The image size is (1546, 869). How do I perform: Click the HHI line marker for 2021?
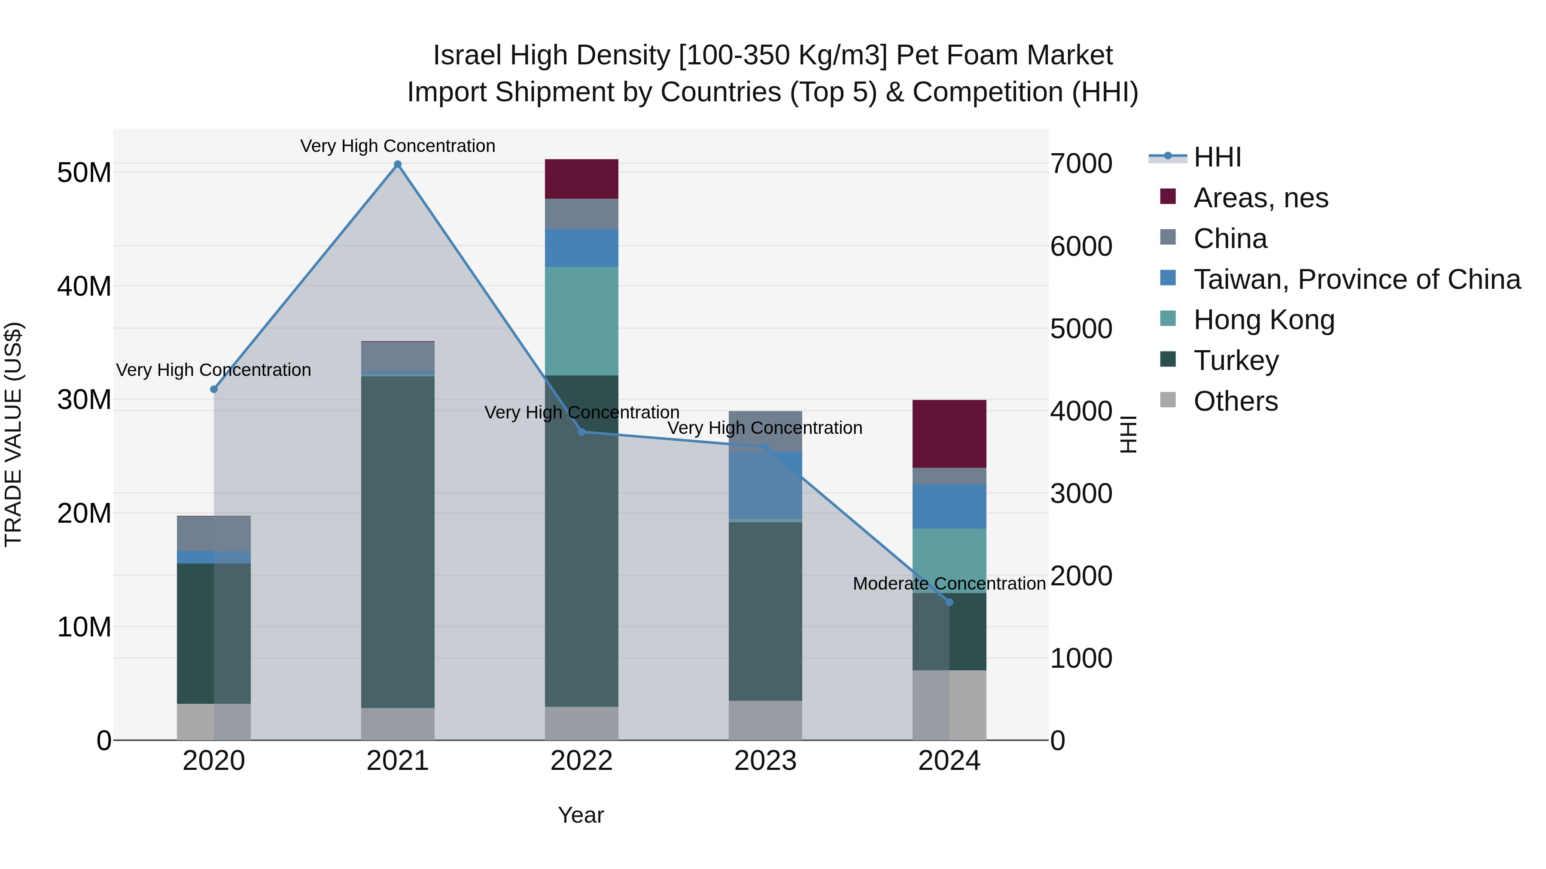397,164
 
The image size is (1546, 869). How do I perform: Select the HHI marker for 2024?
949,602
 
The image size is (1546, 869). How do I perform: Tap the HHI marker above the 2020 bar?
214,389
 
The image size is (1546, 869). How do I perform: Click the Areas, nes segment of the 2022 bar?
581,179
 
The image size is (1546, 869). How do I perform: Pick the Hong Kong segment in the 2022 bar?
581,321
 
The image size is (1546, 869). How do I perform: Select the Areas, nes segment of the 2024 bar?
949,433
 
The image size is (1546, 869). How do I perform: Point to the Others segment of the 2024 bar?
949,705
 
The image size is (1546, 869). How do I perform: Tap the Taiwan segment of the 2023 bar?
765,484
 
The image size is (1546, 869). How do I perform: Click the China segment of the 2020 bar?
214,533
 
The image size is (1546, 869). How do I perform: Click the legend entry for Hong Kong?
1263,320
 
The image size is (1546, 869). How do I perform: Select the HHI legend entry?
1217,157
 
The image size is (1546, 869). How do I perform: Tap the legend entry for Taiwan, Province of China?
1356,279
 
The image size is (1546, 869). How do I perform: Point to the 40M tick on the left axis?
84,286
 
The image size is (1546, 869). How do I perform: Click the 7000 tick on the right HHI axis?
1081,164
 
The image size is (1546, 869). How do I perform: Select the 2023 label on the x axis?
765,761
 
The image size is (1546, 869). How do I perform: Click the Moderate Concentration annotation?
949,584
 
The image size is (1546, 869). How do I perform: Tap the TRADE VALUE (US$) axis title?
13,434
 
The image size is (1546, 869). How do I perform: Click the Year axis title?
580,815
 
